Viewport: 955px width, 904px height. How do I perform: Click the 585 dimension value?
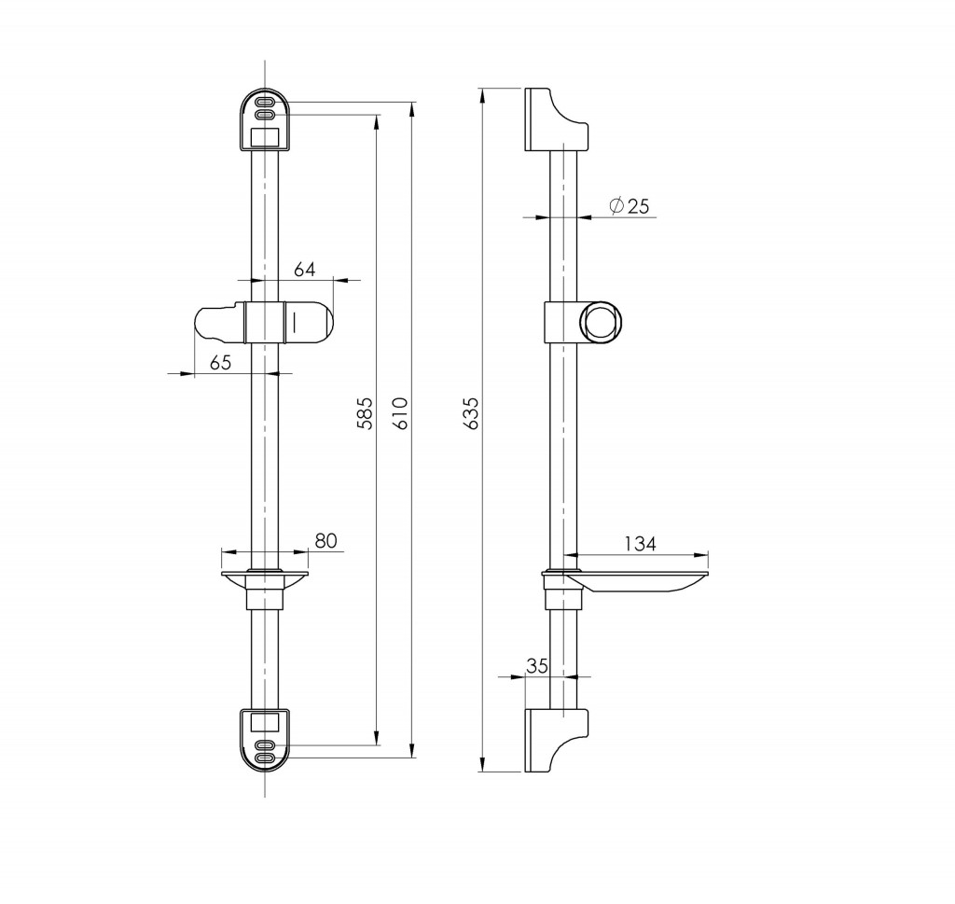click(365, 413)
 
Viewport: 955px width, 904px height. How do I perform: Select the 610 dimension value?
click(399, 413)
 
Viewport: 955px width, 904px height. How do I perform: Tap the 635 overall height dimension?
click(471, 413)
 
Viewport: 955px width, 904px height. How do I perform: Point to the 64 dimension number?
click(305, 270)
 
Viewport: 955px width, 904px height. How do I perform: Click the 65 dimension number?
click(220, 363)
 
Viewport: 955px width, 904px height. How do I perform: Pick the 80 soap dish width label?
click(325, 540)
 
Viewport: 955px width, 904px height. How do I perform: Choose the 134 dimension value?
click(640, 543)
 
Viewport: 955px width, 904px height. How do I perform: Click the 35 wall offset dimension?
click(537, 666)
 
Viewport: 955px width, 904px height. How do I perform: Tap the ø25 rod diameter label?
click(630, 206)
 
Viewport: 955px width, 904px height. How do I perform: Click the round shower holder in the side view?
click(601, 323)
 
